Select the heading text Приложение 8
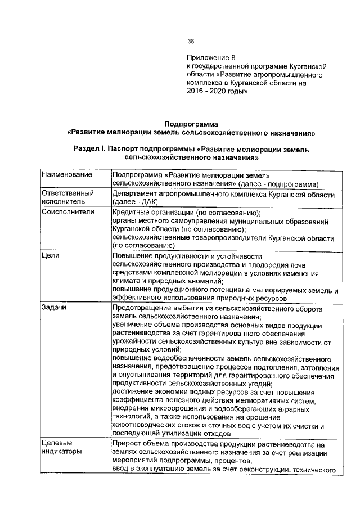(x=209, y=58)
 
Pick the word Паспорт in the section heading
(x=129, y=151)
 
